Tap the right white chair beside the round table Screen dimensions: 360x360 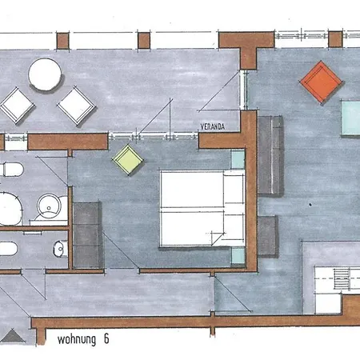77,104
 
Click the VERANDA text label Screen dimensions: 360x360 212,126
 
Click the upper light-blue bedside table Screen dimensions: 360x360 238,159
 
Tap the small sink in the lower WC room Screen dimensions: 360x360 58,249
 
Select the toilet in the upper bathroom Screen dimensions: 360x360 10,171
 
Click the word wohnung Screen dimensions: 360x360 74,338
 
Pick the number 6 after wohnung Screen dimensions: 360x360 105,338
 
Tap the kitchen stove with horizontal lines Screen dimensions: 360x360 342,281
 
